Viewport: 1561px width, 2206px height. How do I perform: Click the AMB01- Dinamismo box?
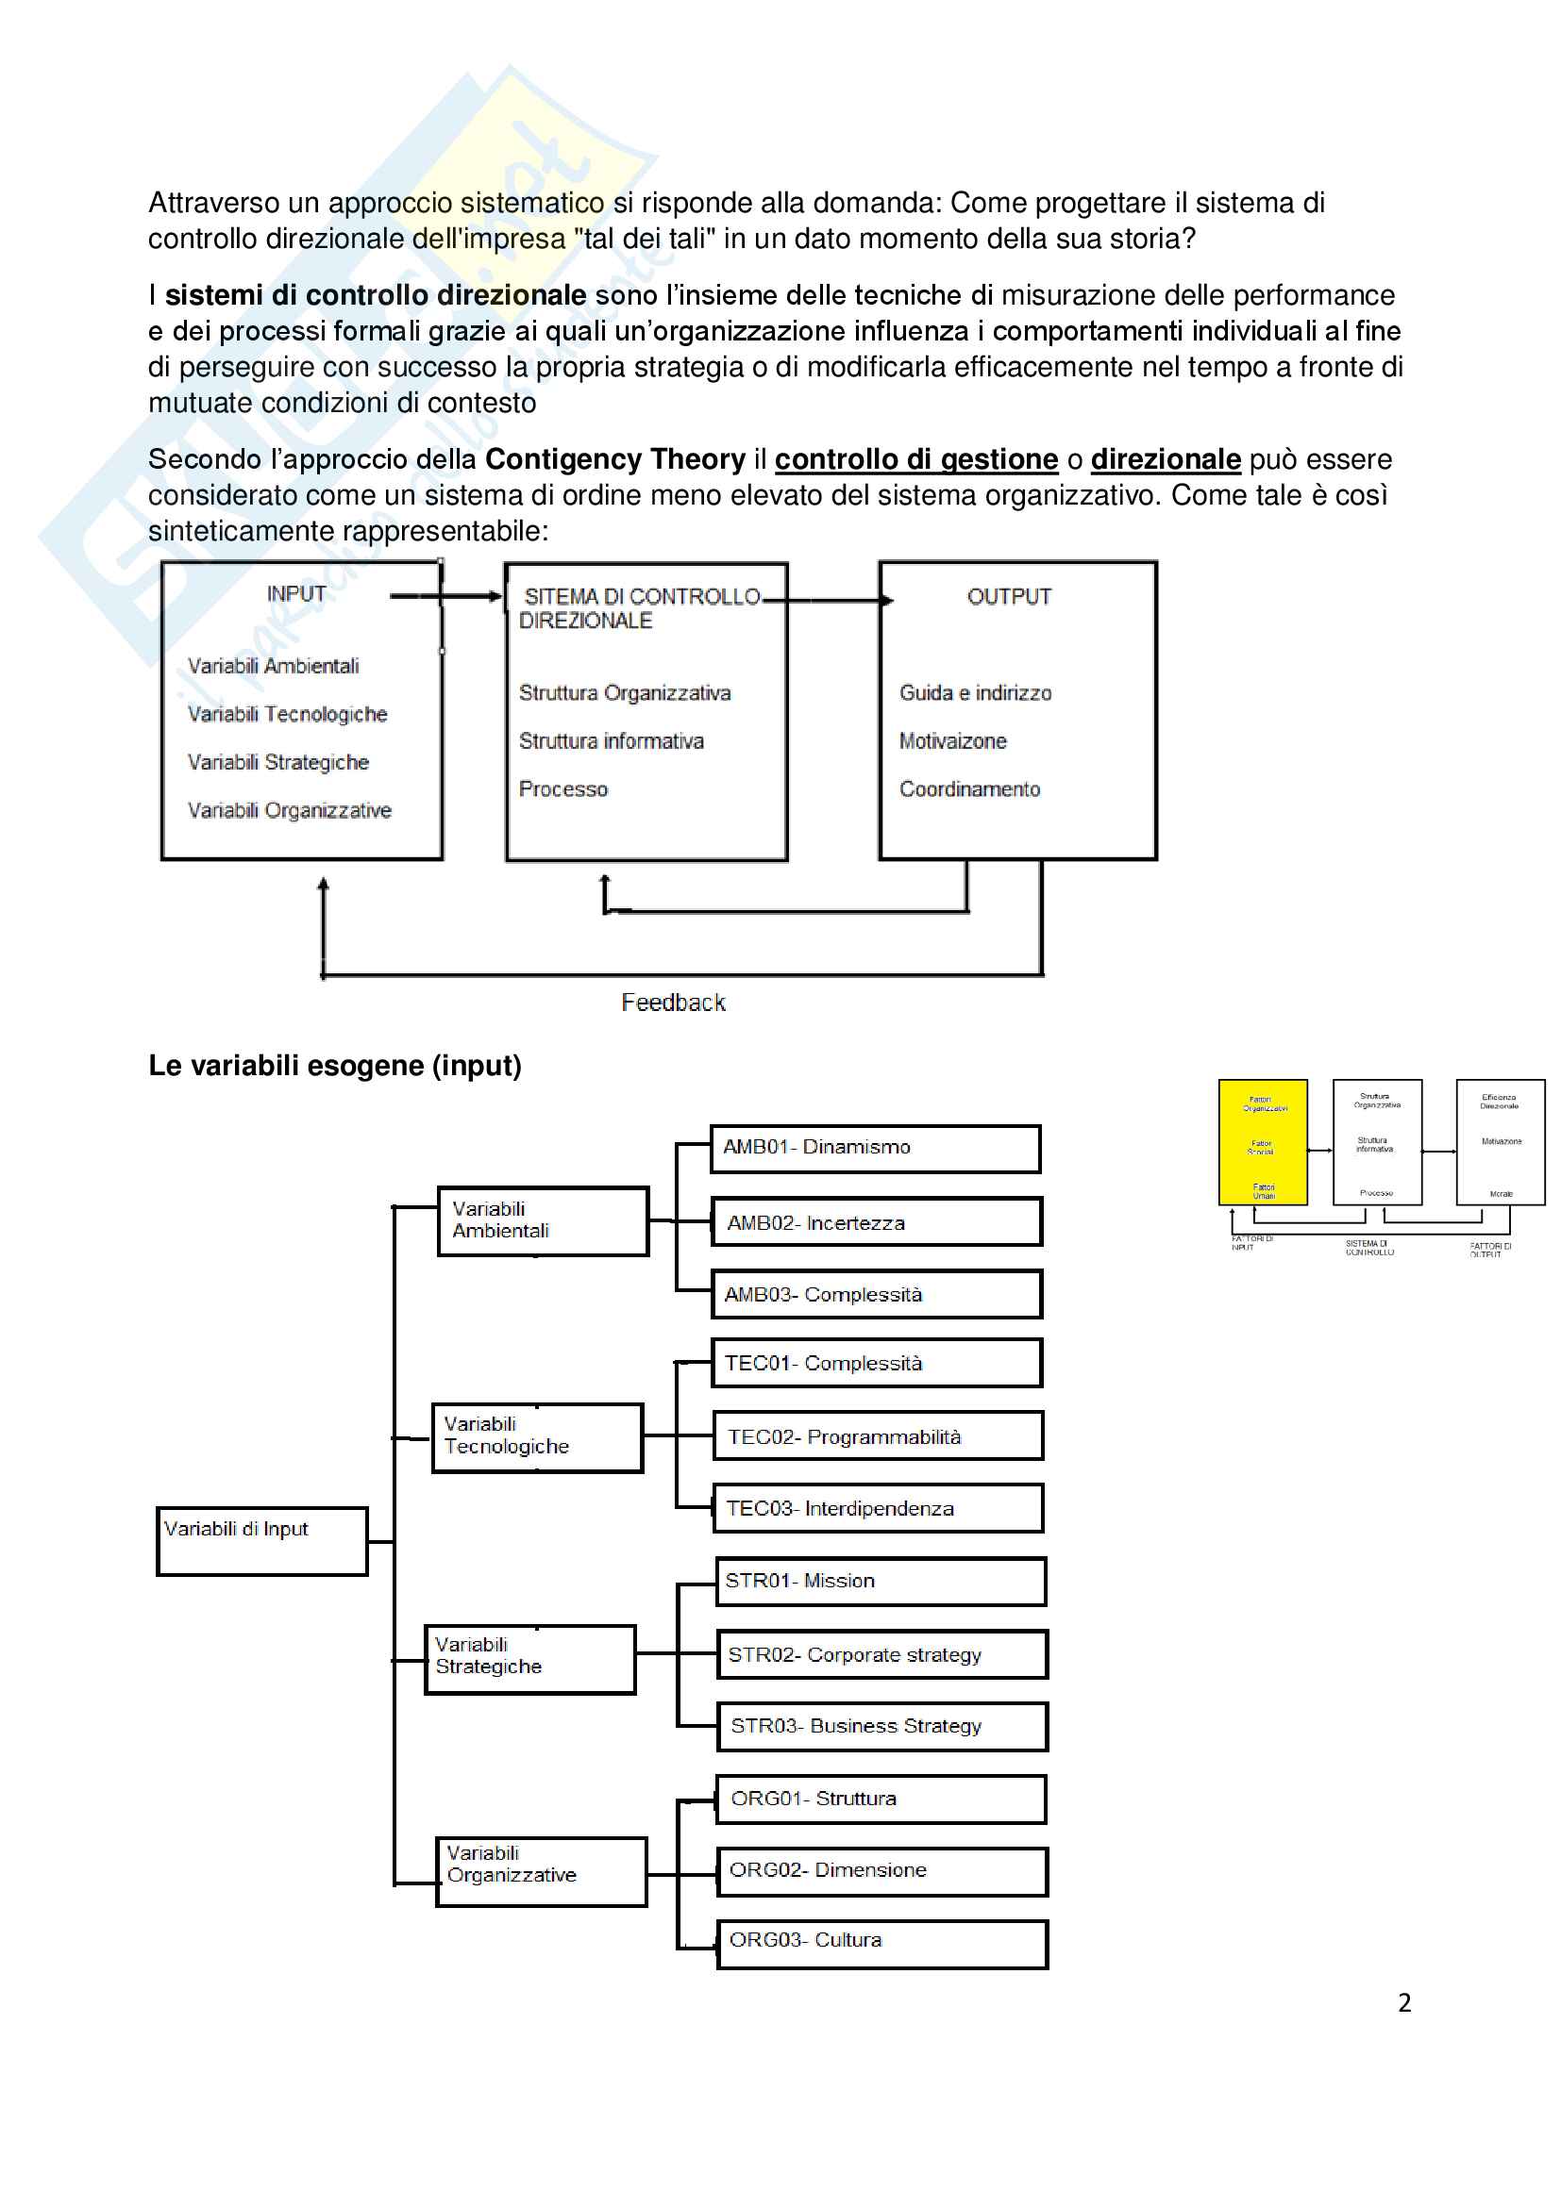tap(875, 1148)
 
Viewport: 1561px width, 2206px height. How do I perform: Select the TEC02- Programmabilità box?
tap(878, 1436)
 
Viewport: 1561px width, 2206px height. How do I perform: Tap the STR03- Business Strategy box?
tap(881, 1727)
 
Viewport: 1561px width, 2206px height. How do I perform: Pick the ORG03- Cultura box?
tap(881, 1941)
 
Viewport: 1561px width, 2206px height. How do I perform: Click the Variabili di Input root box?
tap(261, 1541)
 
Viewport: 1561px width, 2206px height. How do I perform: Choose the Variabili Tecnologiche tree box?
tap(536, 1437)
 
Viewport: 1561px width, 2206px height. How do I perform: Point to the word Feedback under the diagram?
tap(673, 1003)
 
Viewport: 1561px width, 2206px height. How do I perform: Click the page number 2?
tap(1404, 2003)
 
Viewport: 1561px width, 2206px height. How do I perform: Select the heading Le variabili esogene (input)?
tap(334, 1066)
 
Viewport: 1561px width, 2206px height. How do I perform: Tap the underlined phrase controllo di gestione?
tap(916, 459)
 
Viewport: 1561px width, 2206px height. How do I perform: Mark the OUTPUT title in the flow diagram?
tap(1009, 597)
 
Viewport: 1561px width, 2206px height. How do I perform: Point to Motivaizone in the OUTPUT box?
tap(952, 740)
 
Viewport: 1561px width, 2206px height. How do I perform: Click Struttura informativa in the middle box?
tap(612, 740)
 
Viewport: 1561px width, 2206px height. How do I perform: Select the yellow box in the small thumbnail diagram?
tap(1262, 1142)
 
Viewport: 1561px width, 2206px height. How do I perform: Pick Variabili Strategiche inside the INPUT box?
tap(277, 762)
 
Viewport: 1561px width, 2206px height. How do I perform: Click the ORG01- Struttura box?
tap(881, 1799)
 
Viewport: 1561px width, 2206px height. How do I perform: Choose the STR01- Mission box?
tap(881, 1582)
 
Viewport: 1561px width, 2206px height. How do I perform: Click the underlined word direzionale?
tap(1165, 459)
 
